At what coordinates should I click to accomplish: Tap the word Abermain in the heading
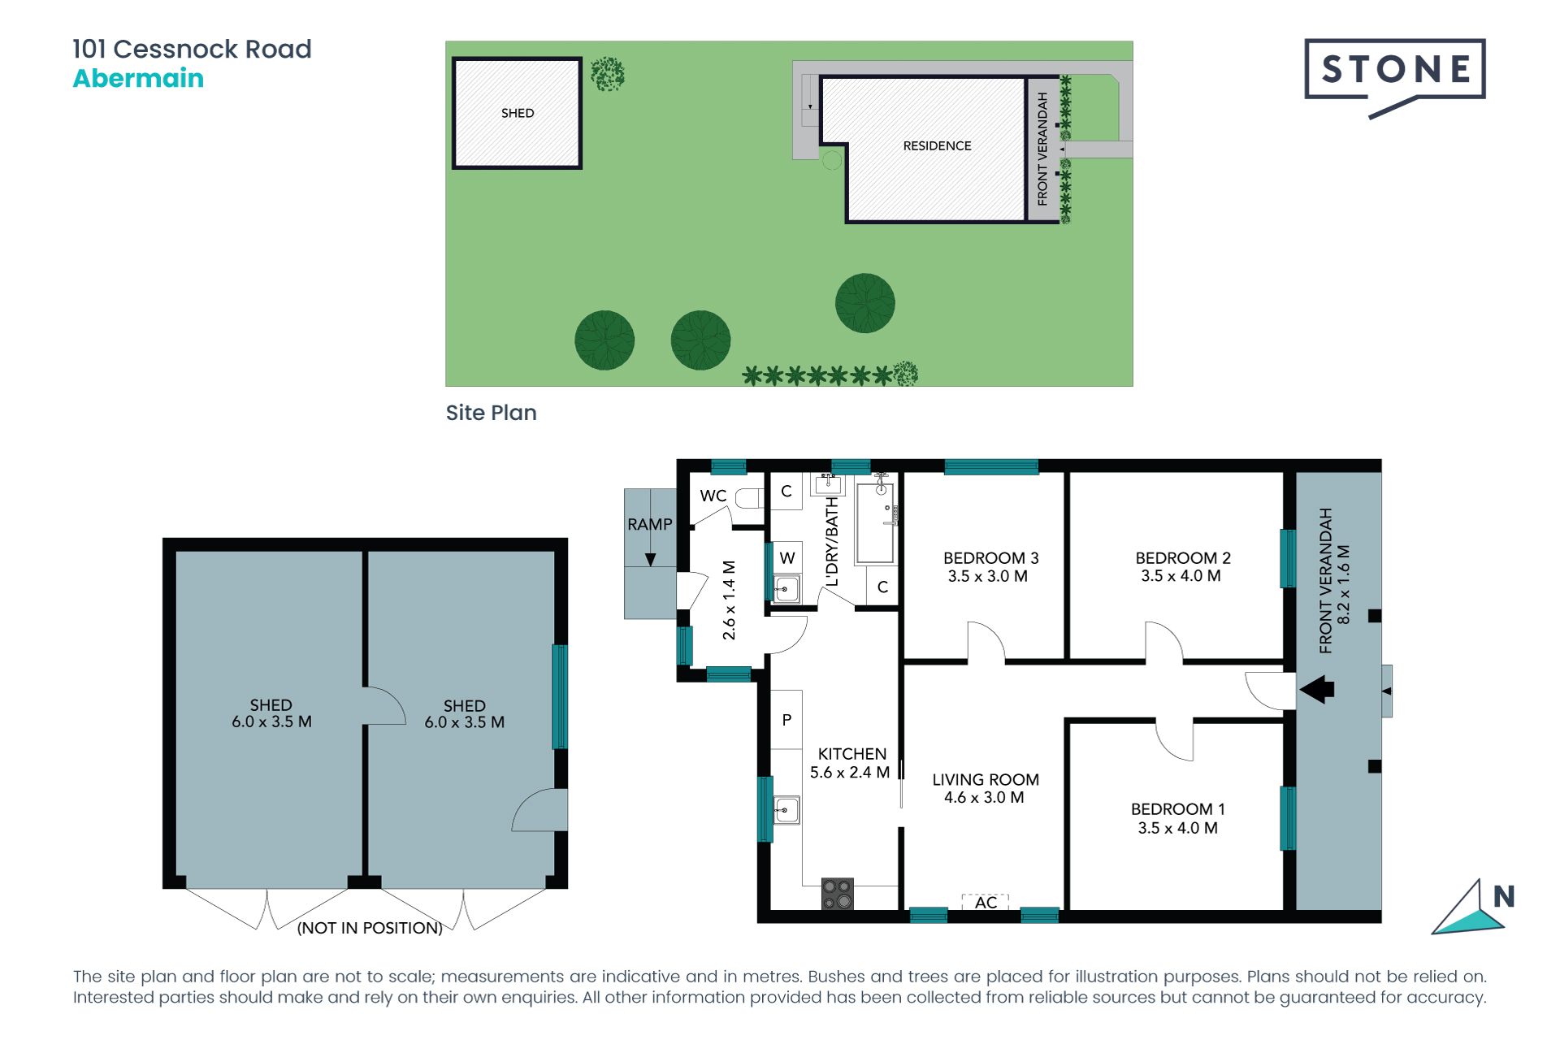coord(138,79)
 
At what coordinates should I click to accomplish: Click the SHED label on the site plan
coord(518,113)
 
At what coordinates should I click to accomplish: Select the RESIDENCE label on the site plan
coord(937,145)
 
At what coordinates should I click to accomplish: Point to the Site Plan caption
coord(491,413)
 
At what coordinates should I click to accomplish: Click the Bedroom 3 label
coord(990,558)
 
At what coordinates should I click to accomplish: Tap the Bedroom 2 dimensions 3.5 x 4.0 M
coord(1181,576)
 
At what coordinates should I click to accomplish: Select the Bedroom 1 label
coord(1177,809)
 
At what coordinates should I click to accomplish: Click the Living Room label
coord(985,780)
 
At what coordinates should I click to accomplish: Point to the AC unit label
coord(986,903)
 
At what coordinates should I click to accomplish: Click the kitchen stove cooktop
coord(838,894)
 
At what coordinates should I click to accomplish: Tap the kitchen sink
coord(786,810)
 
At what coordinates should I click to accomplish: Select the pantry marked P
coord(786,720)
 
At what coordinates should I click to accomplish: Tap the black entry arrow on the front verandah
coord(1317,690)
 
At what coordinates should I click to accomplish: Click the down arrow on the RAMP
coord(650,559)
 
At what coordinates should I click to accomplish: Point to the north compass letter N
coord(1504,896)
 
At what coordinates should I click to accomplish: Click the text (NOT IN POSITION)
coord(370,928)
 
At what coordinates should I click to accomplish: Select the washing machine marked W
coord(786,557)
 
